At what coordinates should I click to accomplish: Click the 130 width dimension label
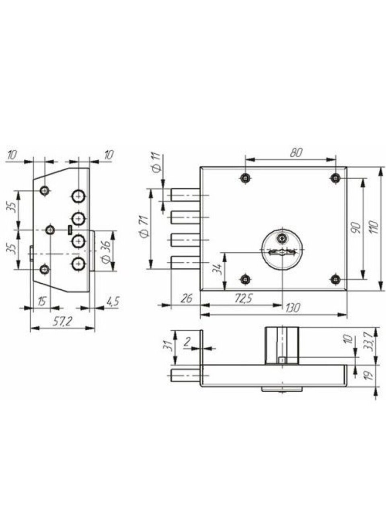coord(293,308)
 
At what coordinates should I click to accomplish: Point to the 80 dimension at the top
coord(296,153)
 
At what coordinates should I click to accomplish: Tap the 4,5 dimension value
coord(113,301)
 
